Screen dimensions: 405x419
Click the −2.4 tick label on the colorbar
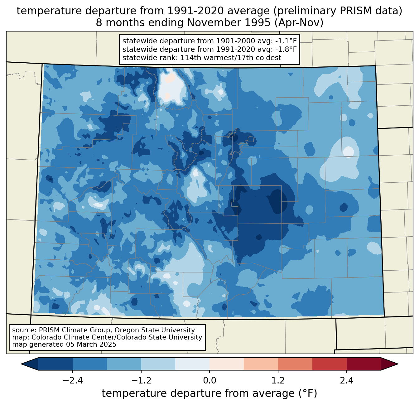[x=73, y=381]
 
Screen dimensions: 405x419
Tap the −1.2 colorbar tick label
[x=141, y=381]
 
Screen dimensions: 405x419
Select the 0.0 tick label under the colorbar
[x=209, y=381]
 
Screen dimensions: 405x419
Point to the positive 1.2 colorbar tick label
[x=278, y=381]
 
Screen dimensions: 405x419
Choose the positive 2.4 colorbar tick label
[x=346, y=381]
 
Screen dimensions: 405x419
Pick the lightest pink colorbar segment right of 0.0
[x=227, y=364]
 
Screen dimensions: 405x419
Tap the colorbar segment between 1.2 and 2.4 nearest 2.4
[x=329, y=364]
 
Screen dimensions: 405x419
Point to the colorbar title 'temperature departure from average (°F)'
[x=209, y=393]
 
